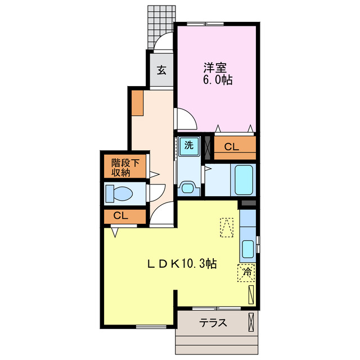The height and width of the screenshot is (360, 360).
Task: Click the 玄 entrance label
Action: point(161,70)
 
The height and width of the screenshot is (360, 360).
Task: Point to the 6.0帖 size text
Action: point(218,80)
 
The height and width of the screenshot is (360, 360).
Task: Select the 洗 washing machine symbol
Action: point(189,145)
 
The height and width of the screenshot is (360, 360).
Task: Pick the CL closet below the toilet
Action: point(120,215)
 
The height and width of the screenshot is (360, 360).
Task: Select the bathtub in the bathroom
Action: point(244,179)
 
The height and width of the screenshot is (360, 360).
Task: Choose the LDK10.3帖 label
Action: point(182,262)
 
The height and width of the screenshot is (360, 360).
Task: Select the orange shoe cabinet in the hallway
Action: point(137,102)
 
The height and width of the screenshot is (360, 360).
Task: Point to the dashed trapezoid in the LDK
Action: point(227,227)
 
